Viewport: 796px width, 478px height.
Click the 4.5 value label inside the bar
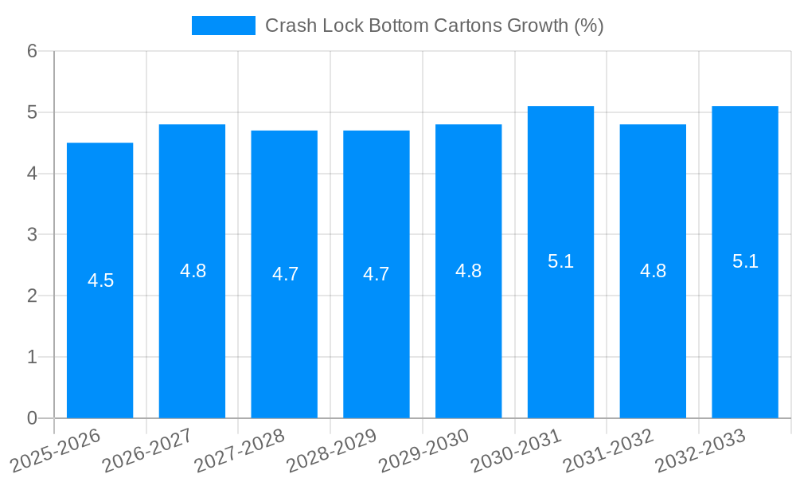pos(100,280)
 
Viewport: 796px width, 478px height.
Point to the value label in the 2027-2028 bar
pos(285,274)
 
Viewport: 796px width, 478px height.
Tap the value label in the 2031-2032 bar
pos(653,271)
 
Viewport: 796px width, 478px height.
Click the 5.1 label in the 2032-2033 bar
pos(745,261)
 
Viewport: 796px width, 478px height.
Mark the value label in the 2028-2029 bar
pos(376,274)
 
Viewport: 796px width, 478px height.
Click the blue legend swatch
pos(223,25)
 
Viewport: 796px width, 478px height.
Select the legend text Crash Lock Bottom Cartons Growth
pos(434,25)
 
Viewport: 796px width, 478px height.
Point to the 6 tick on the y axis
pos(32,51)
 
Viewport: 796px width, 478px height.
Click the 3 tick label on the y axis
pos(32,235)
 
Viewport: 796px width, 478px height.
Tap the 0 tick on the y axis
pos(32,418)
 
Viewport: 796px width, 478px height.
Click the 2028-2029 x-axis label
pos(334,451)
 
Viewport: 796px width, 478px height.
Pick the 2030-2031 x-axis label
pos(517,451)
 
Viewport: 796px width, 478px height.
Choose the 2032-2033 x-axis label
pos(701,451)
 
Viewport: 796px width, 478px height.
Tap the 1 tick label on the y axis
pos(32,357)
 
